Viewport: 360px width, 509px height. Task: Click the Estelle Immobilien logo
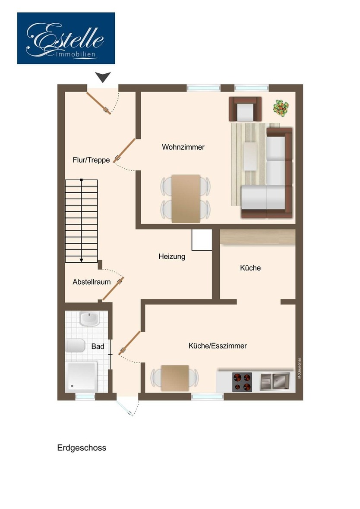(66, 38)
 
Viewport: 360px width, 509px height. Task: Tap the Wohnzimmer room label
(183, 147)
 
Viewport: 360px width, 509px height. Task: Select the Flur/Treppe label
(92, 160)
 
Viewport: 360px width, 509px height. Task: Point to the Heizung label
(172, 257)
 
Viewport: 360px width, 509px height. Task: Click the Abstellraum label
(92, 282)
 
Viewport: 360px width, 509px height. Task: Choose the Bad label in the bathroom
(98, 346)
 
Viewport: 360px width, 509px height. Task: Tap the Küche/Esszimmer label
(218, 346)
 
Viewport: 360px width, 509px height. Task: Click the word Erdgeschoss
(82, 448)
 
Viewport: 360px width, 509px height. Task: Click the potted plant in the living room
(281, 108)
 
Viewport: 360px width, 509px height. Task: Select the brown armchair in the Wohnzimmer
(245, 109)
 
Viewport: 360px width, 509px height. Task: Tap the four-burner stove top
(242, 382)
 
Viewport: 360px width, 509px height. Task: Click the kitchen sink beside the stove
(275, 381)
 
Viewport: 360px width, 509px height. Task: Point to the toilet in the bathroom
(75, 346)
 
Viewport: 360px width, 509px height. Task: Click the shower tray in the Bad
(82, 377)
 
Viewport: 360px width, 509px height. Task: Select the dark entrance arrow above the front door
(103, 77)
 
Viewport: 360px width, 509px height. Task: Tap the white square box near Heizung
(202, 240)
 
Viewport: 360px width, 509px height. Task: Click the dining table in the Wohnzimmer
(186, 199)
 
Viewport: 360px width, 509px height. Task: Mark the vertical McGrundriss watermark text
(300, 368)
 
